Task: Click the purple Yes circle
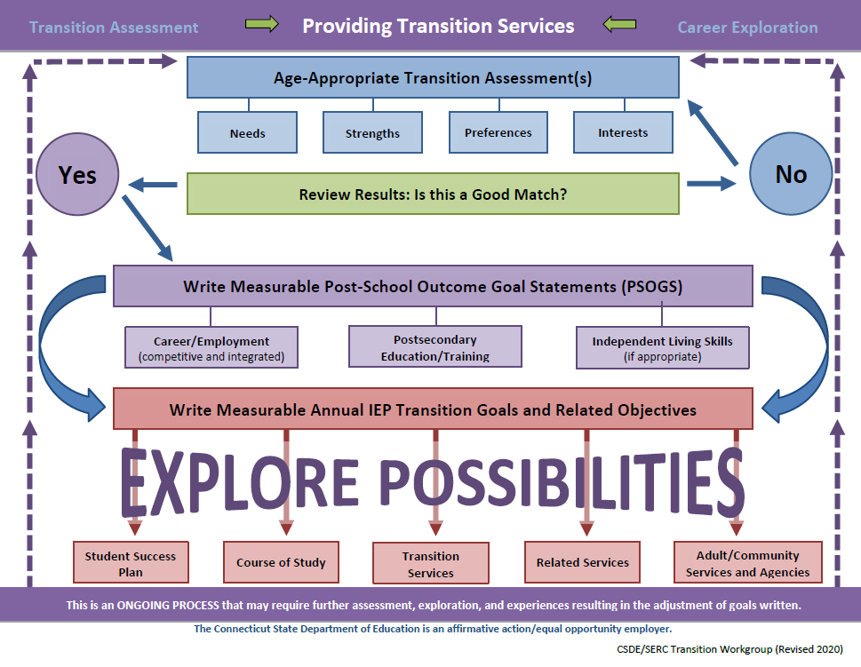tap(77, 175)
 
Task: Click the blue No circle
tap(790, 174)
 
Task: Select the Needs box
tap(247, 133)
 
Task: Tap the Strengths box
tap(372, 133)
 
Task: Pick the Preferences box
tap(498, 133)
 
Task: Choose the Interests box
tap(623, 133)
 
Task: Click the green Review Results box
tap(433, 194)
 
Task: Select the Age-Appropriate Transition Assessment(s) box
tap(433, 78)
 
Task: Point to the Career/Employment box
tap(211, 347)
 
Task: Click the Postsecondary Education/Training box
tap(435, 347)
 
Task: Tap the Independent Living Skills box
tap(662, 347)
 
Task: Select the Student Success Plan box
tap(131, 563)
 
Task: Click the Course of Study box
tap(281, 563)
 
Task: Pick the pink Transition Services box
tap(431, 563)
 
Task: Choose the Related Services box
tap(583, 563)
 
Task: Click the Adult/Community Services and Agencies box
tap(747, 563)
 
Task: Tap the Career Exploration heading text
tap(747, 28)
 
